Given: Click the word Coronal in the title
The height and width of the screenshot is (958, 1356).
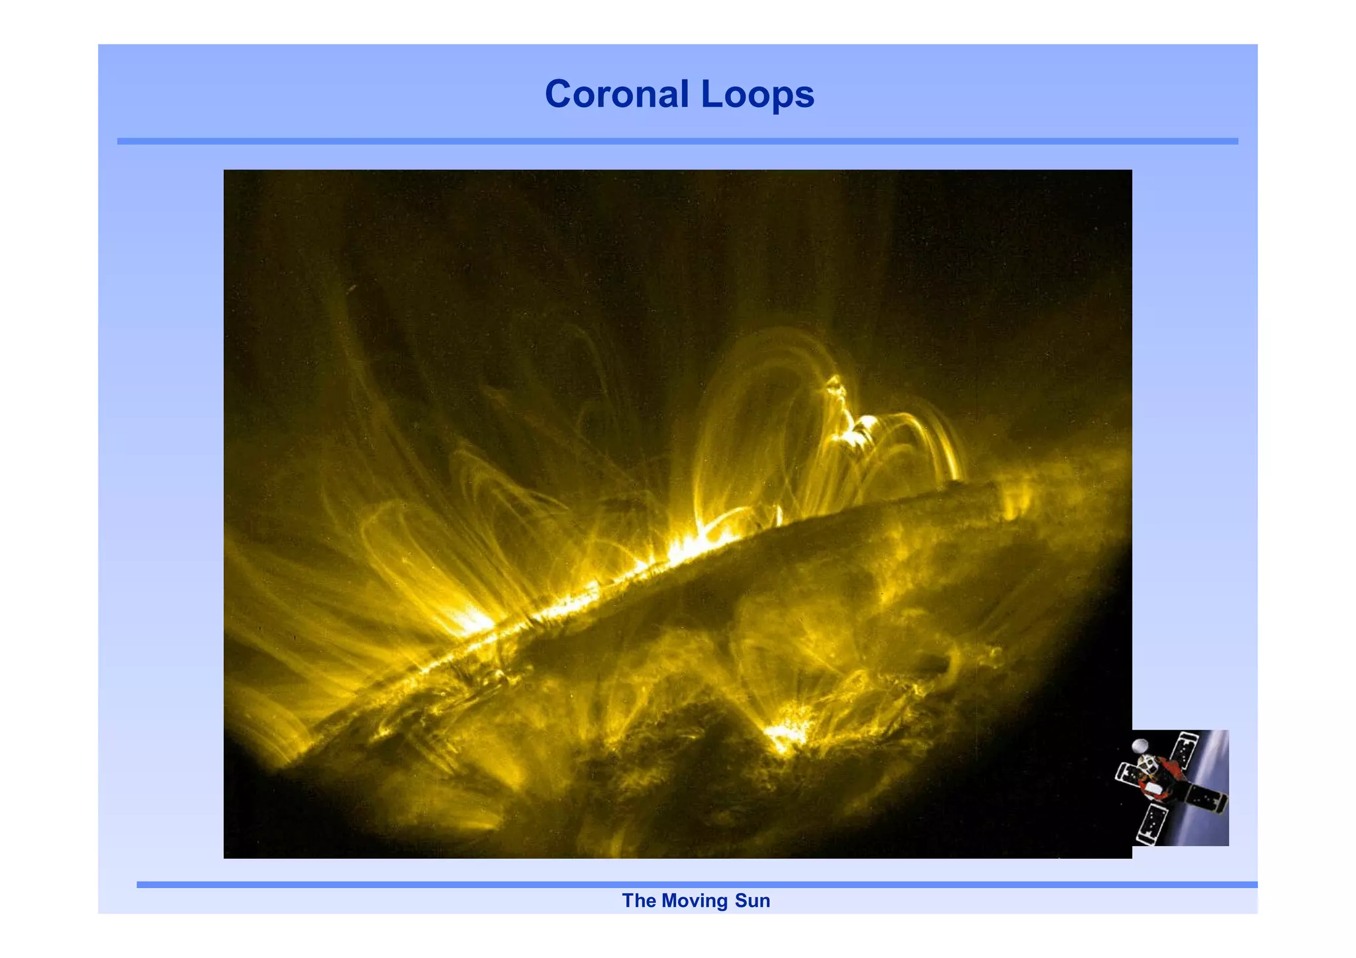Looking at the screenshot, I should click(616, 94).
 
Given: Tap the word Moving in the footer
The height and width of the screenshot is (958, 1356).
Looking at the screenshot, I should click(694, 900).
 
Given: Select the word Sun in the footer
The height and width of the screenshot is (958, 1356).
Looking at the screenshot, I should click(752, 900).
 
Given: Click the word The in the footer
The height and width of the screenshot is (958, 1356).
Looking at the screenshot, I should click(638, 900).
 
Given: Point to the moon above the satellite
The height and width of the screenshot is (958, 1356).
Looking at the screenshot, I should click(1139, 746).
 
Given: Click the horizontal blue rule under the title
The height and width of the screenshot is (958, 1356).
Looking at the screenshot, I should click(677, 141).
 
